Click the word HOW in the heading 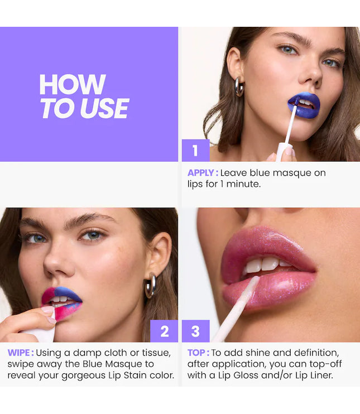tap(72, 85)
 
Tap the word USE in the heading tap(105, 108)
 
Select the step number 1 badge tap(195, 151)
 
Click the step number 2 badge tap(164, 331)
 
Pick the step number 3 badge tap(195, 331)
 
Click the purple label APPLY tap(203, 173)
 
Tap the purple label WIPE tap(20, 353)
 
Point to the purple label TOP tap(198, 353)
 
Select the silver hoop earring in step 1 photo tap(239, 86)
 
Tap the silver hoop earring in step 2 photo tap(150, 286)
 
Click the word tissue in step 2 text tap(154, 353)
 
